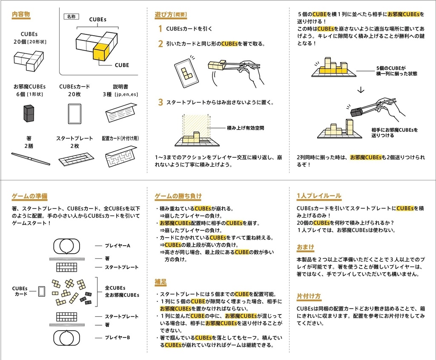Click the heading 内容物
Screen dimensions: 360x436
[21, 14]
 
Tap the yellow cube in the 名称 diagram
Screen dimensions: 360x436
[101, 53]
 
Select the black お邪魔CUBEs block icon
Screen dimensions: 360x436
[29, 113]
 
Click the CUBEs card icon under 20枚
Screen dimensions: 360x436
[74, 113]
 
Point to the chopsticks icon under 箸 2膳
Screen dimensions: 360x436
[31, 159]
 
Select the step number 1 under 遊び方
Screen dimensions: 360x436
[160, 29]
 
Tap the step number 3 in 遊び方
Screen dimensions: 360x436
[160, 102]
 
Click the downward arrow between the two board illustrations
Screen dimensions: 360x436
[361, 90]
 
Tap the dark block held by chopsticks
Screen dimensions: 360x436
[356, 112]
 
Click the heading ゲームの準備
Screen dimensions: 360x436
[29, 196]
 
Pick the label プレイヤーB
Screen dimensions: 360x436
[117, 337]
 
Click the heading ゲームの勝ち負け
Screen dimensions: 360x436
[178, 196]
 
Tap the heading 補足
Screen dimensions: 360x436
[161, 282]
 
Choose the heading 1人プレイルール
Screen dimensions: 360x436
[318, 196]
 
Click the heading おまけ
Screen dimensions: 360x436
[305, 247]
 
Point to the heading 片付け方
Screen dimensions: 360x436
[309, 296]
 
